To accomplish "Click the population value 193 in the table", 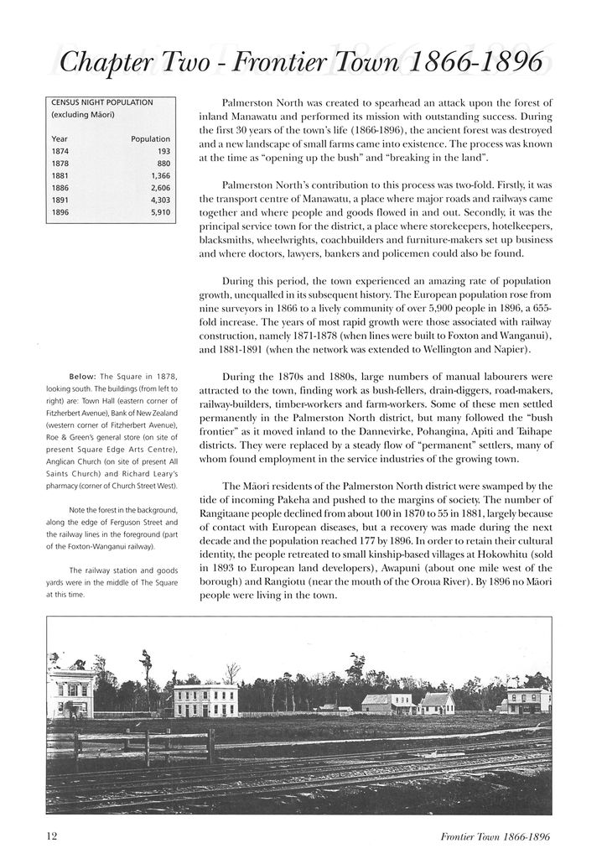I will coord(163,152).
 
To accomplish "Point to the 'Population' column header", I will coord(151,138).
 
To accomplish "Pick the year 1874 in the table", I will coord(60,152).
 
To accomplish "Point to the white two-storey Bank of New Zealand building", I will coord(205,700).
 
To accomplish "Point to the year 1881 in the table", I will coord(60,177).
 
